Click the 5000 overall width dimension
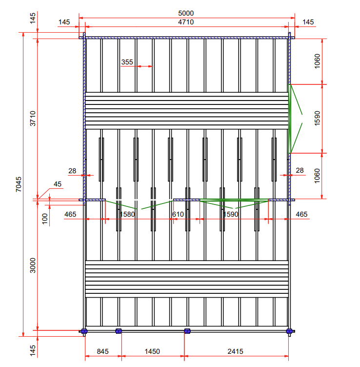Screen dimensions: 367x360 click(x=186, y=13)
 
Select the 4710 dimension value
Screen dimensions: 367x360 click(x=186, y=22)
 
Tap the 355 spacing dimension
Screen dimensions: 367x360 click(x=127, y=62)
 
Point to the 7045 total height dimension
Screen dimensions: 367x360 click(x=18, y=185)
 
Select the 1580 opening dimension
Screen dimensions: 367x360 click(x=127, y=214)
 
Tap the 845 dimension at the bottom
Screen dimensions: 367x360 click(x=103, y=351)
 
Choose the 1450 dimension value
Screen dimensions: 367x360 click(x=152, y=351)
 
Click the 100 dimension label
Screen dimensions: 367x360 click(x=45, y=218)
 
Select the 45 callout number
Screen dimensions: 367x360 click(x=58, y=184)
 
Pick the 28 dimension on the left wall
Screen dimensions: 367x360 click(x=72, y=171)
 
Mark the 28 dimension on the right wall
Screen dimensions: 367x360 click(x=300, y=170)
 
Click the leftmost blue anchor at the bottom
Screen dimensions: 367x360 click(x=83, y=331)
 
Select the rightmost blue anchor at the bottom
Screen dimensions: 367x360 click(x=289, y=331)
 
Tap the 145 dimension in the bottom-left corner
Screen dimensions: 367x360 click(x=33, y=351)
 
